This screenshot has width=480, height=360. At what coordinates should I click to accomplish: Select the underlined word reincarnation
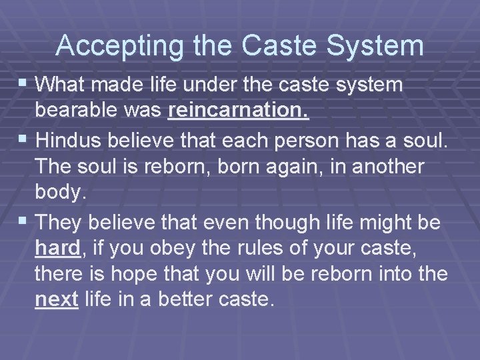(x=239, y=111)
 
